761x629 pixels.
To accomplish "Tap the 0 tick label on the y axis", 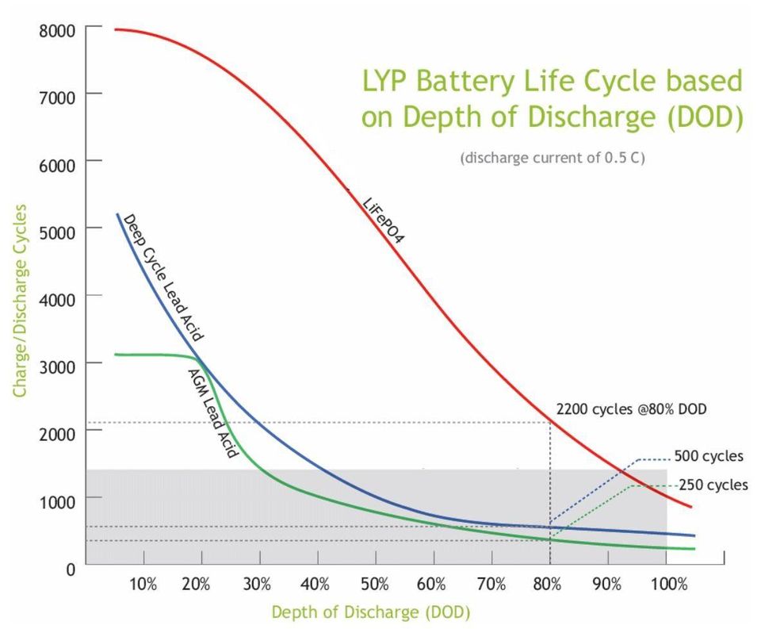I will (x=71, y=567).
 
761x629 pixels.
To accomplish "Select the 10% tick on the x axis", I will (x=143, y=586).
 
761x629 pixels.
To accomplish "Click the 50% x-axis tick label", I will (x=375, y=586).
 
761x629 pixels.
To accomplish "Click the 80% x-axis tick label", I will (x=547, y=586).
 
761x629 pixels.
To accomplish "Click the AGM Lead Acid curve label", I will (x=212, y=413).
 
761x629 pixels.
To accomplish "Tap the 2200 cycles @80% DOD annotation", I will (x=631, y=411).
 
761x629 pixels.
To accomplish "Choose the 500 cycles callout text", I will (x=709, y=456).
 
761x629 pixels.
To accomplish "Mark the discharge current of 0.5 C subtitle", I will (x=552, y=157).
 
